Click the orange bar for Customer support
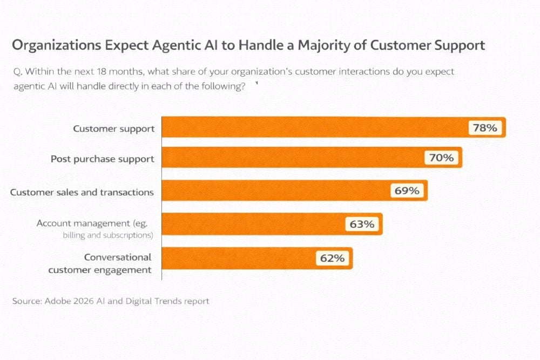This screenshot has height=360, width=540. (x=313, y=127)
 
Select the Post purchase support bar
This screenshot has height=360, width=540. (x=292, y=157)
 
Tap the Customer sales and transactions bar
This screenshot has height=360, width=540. (x=275, y=191)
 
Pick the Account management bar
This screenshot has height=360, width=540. (x=254, y=223)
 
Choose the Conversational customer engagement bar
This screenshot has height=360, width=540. (x=238, y=258)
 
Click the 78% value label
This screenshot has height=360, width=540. (x=485, y=128)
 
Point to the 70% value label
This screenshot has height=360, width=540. (x=442, y=158)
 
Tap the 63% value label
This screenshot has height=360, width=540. (x=362, y=224)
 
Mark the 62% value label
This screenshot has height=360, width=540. (x=332, y=258)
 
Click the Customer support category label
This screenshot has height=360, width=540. (x=114, y=128)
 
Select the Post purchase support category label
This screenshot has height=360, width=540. (x=103, y=159)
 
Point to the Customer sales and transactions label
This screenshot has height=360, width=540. (x=82, y=192)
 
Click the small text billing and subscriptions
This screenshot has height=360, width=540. (x=108, y=235)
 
